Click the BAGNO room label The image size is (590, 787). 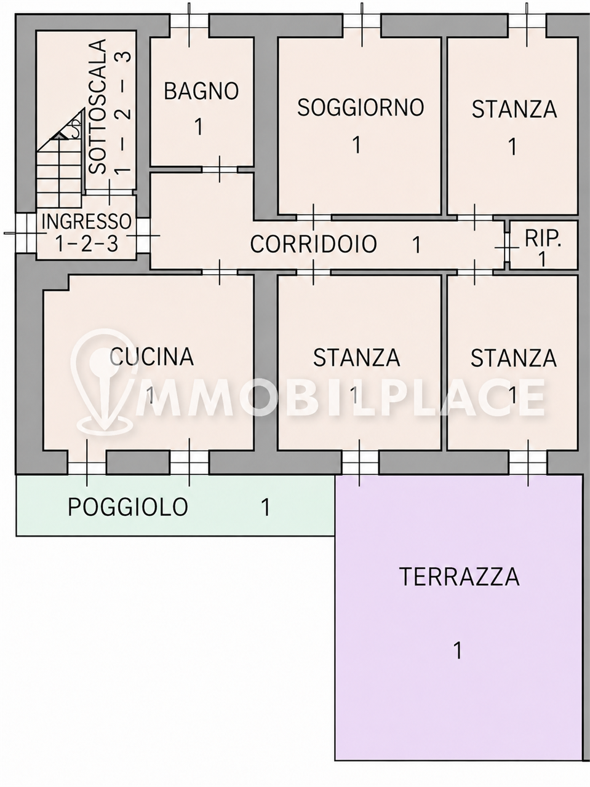click(x=201, y=91)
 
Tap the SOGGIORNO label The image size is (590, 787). click(x=361, y=107)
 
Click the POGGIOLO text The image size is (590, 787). click(x=128, y=507)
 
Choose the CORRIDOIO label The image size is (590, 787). click(x=313, y=244)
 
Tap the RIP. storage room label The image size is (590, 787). click(x=543, y=238)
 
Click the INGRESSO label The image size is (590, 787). click(x=86, y=221)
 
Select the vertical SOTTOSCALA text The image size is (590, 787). click(x=98, y=106)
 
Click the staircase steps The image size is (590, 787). click(x=60, y=168)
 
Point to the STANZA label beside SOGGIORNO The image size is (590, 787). click(x=514, y=109)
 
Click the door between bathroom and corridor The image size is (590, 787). click(x=220, y=169)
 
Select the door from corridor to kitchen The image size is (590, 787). click(x=220, y=272)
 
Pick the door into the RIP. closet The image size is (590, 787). click(x=507, y=247)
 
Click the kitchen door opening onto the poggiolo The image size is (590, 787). click(x=87, y=468)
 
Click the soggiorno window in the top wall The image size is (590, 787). click(x=362, y=24)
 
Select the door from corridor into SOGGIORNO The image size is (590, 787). click(x=314, y=217)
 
